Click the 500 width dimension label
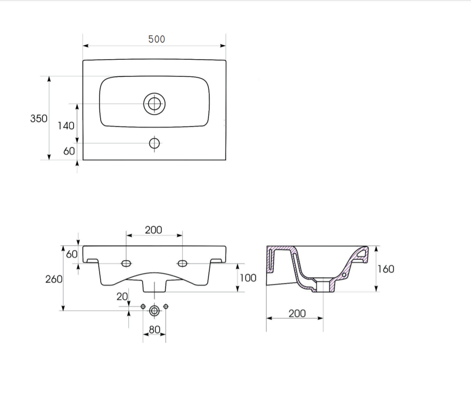[x=156, y=39]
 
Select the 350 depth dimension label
[x=39, y=118]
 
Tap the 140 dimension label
[x=66, y=126]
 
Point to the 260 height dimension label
[x=54, y=279]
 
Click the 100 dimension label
[x=248, y=278]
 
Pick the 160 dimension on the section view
[x=386, y=269]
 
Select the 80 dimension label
[x=155, y=330]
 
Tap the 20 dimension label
[x=122, y=297]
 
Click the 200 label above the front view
[x=154, y=230]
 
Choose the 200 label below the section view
[x=297, y=314]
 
